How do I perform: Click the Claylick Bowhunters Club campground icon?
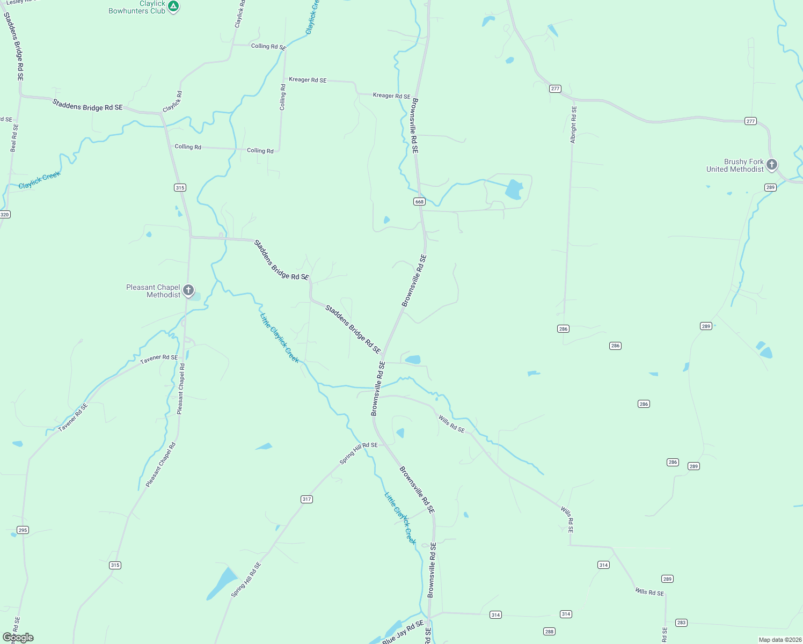pyautogui.click(x=173, y=6)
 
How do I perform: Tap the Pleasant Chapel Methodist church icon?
pyautogui.click(x=188, y=290)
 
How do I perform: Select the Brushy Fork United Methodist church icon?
pyautogui.click(x=772, y=165)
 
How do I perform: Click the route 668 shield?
pyautogui.click(x=419, y=202)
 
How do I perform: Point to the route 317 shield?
pyautogui.click(x=306, y=499)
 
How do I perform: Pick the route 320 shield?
pyautogui.click(x=5, y=215)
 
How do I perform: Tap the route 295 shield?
pyautogui.click(x=23, y=530)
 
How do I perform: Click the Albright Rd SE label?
pyautogui.click(x=573, y=125)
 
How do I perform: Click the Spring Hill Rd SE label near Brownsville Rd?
pyautogui.click(x=359, y=453)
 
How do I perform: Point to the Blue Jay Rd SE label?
pyautogui.click(x=403, y=632)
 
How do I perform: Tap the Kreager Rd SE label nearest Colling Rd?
pyautogui.click(x=308, y=80)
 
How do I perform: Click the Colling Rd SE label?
pyautogui.click(x=268, y=47)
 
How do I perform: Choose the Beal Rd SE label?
pyautogui.click(x=14, y=138)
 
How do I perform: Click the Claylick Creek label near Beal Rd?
pyautogui.click(x=40, y=180)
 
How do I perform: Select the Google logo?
pyautogui.click(x=18, y=637)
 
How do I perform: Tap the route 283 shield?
pyautogui.click(x=681, y=623)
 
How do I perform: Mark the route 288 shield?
pyautogui.click(x=549, y=631)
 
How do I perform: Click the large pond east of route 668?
pyautogui.click(x=514, y=190)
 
